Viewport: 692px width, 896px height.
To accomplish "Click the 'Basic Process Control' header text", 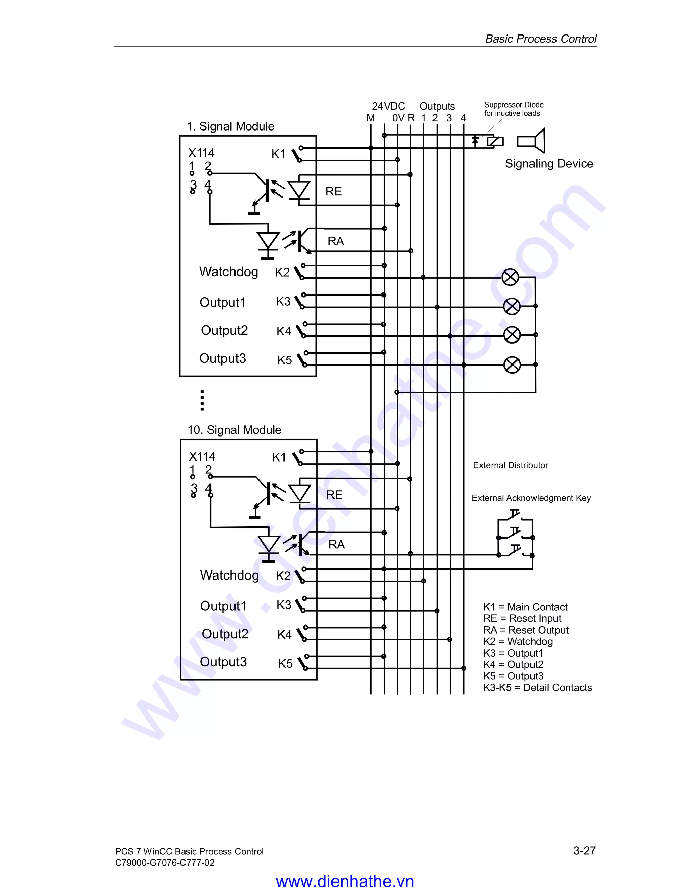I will click(541, 39).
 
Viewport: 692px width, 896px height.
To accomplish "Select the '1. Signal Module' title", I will click(230, 126).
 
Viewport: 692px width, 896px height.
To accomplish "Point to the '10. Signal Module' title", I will click(234, 430).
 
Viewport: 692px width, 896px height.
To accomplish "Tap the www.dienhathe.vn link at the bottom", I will click(345, 881).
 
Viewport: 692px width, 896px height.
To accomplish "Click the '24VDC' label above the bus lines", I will click(388, 106).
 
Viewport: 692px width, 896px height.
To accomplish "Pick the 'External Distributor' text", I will click(511, 465).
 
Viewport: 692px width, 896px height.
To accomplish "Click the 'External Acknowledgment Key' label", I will click(531, 498).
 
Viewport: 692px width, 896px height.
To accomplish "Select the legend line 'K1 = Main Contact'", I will click(525, 607).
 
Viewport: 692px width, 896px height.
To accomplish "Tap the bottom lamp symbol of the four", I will click(512, 365).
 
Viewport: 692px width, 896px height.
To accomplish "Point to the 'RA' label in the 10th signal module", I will click(337, 544).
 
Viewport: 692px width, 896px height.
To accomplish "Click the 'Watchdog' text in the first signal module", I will click(229, 272).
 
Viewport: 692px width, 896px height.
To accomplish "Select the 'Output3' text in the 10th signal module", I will click(223, 662).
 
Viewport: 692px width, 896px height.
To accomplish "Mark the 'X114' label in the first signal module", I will click(201, 153).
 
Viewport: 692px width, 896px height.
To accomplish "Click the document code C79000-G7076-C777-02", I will click(165, 863).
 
